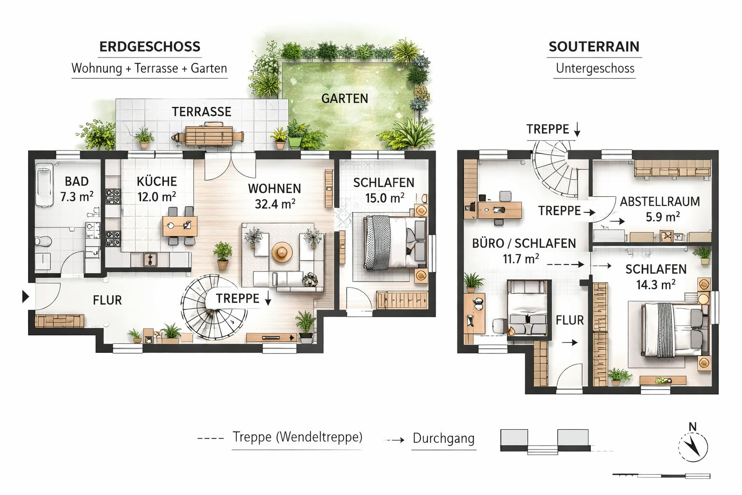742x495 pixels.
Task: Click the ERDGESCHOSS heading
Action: [149, 47]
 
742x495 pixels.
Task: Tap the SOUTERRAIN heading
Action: [594, 47]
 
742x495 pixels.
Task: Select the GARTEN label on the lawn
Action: [344, 99]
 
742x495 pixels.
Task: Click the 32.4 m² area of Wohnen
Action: [275, 204]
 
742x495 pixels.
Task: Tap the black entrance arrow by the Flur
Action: [26, 296]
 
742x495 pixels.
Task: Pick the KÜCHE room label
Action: [157, 182]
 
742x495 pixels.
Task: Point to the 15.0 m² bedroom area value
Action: [384, 198]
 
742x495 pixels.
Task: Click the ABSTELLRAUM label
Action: [660, 202]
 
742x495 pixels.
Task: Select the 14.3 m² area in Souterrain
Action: [655, 285]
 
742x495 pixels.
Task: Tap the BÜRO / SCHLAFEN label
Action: [524, 243]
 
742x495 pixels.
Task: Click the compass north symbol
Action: [693, 443]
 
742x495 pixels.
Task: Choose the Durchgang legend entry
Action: [443, 439]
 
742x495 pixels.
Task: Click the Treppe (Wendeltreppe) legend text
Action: [297, 437]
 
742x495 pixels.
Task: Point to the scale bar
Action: [661, 476]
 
